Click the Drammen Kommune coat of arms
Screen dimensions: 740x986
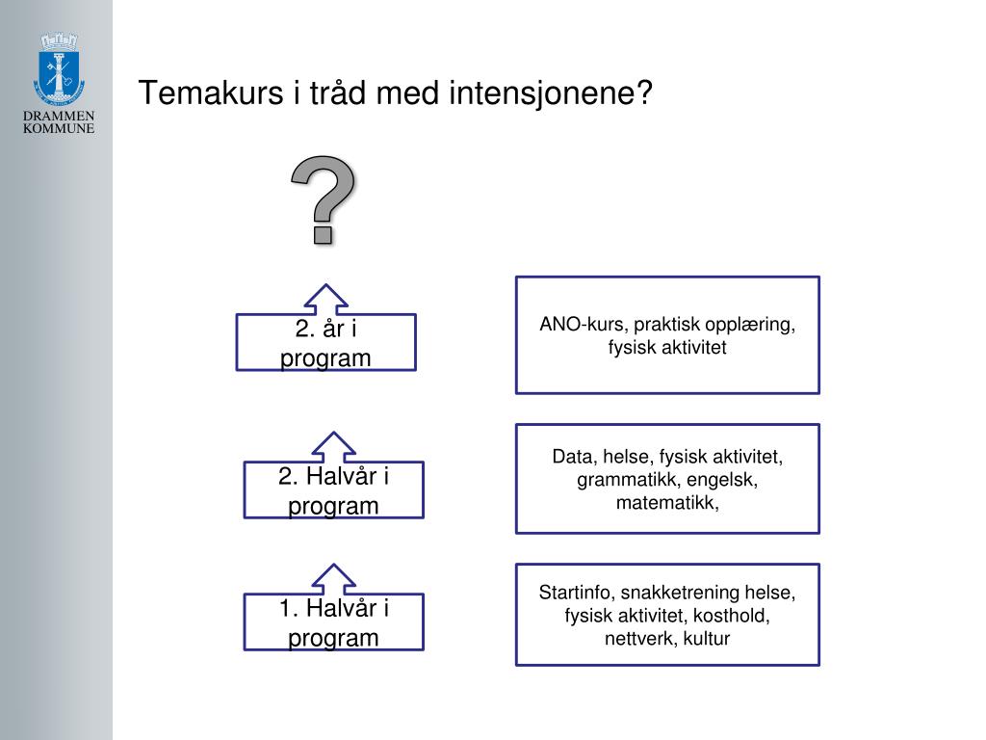click(60, 71)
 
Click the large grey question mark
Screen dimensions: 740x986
click(324, 198)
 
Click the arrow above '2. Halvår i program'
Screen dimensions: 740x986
click(332, 445)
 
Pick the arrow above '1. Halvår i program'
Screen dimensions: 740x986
click(332, 578)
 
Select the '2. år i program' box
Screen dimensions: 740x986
click(325, 344)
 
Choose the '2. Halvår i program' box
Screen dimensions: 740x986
click(333, 491)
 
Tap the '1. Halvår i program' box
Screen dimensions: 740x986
click(333, 623)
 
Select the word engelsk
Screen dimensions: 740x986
click(722, 479)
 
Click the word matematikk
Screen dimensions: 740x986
click(667, 502)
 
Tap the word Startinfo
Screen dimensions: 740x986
click(577, 592)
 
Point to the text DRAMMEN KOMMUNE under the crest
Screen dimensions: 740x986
click(59, 122)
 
